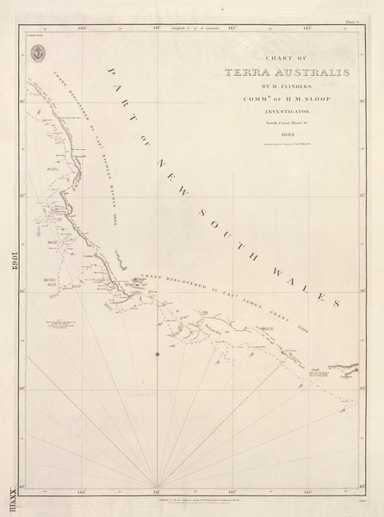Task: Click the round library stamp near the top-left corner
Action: [37, 53]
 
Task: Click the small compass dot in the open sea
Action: [156, 355]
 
